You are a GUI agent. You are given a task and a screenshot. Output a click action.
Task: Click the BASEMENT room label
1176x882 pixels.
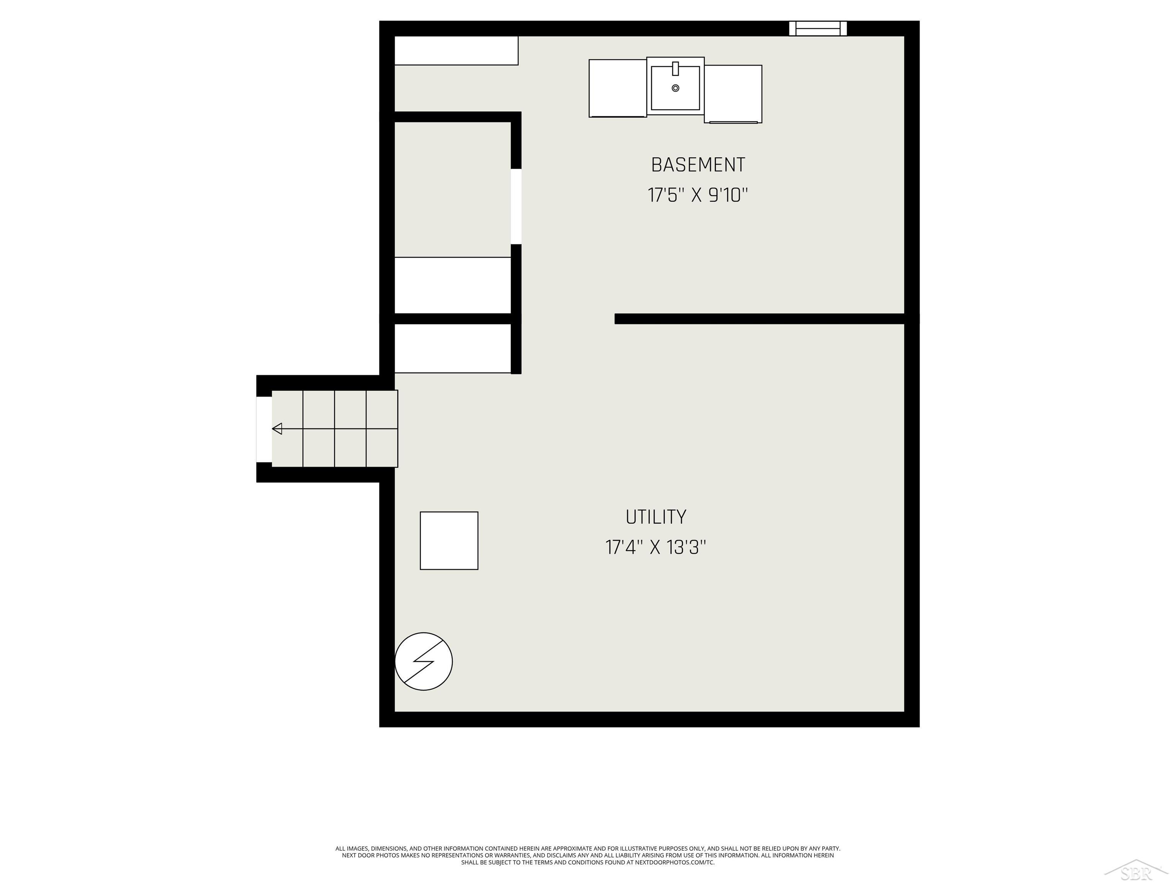[x=697, y=165]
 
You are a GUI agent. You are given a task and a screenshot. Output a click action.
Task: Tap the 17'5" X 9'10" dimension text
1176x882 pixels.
[x=697, y=196]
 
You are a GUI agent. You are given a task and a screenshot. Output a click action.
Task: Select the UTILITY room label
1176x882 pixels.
[x=655, y=517]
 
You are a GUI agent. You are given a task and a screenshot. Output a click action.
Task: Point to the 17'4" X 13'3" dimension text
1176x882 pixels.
[x=655, y=547]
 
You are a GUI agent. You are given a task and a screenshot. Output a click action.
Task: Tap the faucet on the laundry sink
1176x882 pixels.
[x=675, y=69]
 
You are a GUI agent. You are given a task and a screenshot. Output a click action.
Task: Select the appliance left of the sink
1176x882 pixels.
[x=617, y=88]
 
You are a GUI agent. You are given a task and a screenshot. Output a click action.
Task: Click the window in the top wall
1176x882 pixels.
[x=818, y=28]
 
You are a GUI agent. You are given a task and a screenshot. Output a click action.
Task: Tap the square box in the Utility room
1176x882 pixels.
[x=449, y=541]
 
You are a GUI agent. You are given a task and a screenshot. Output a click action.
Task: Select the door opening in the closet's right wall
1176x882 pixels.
[x=516, y=206]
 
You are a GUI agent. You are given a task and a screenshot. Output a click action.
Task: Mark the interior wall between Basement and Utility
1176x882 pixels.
[x=759, y=318]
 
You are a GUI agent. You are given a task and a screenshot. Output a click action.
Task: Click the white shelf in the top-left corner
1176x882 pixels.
[x=456, y=51]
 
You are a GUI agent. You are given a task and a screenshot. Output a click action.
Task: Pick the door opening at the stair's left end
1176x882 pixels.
[x=264, y=430]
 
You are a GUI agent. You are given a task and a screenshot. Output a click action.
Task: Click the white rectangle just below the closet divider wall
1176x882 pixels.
[x=452, y=348]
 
